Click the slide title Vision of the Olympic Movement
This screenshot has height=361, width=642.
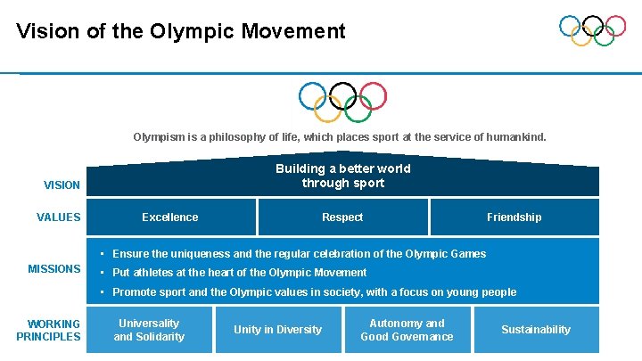[180, 32]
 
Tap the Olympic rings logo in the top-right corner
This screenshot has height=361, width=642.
[592, 30]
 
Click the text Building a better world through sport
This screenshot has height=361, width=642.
[343, 176]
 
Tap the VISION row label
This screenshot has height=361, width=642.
[62, 185]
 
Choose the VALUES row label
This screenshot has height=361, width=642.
[59, 217]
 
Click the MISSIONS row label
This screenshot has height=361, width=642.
[54, 269]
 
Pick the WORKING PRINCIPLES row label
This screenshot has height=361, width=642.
[48, 330]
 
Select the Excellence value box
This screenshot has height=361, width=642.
[170, 217]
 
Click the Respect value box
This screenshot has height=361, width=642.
[342, 217]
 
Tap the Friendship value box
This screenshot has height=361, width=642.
[514, 217]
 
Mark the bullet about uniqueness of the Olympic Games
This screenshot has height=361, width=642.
[299, 254]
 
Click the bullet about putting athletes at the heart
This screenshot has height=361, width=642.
[239, 273]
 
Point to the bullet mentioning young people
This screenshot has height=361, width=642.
[314, 292]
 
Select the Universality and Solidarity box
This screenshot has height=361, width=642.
[149, 330]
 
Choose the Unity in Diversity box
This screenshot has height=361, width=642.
[277, 330]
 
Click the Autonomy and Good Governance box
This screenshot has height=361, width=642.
[407, 330]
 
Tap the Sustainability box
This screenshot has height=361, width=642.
[535, 330]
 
